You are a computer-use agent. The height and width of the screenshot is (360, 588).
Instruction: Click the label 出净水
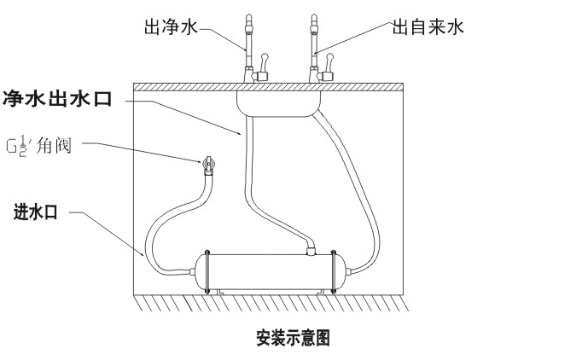tap(171, 28)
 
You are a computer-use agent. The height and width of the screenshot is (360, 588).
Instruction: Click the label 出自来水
tap(428, 28)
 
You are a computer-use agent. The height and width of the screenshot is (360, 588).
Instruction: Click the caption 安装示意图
tap(293, 338)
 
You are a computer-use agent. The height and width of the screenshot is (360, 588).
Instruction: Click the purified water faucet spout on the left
tap(248, 34)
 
